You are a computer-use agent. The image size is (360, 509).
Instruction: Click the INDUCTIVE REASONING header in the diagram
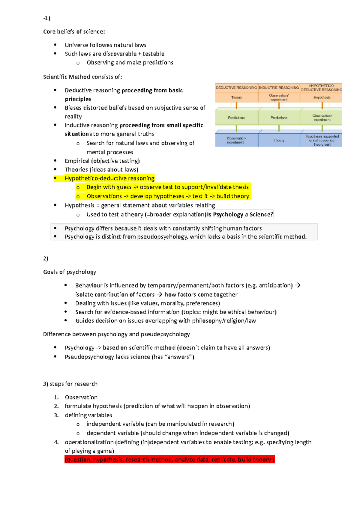(279, 88)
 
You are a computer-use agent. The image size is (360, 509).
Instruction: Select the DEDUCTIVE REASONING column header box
(236, 88)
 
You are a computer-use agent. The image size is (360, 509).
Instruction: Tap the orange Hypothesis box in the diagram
(322, 97)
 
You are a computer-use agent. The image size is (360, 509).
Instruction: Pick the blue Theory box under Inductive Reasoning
(279, 140)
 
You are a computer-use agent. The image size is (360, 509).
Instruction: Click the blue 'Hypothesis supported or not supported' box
(322, 140)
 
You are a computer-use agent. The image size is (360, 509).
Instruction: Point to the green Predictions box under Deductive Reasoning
(236, 118)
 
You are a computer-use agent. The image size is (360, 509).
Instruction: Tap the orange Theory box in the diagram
(236, 97)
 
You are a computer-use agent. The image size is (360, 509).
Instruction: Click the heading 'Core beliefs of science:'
(74, 31)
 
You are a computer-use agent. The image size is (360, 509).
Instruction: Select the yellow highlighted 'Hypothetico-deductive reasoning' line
(109, 178)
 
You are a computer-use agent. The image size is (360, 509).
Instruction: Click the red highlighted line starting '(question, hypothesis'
(169, 460)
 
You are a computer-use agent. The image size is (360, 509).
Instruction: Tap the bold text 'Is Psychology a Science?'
(240, 214)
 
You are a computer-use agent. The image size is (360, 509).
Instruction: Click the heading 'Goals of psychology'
(70, 272)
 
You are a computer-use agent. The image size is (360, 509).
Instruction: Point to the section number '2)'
(46, 258)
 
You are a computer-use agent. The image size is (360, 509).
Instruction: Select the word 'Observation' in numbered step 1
(81, 397)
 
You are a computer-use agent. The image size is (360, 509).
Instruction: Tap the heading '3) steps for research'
(70, 384)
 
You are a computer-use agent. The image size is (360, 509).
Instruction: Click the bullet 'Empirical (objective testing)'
(102, 161)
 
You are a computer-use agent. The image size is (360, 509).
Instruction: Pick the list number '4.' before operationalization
(56, 442)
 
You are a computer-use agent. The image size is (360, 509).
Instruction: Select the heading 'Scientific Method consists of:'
(82, 77)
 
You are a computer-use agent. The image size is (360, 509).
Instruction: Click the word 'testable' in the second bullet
(153, 54)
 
